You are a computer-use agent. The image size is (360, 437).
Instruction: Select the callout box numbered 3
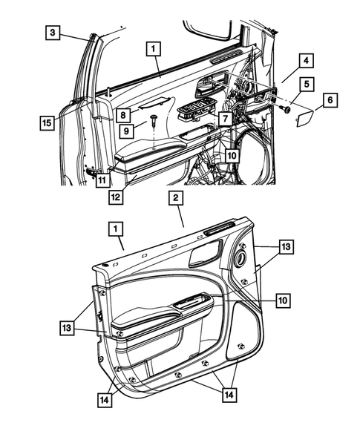[x=53, y=32]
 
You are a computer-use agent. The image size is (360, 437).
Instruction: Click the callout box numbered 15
[x=47, y=122]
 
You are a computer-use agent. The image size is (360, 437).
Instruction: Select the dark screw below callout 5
[x=285, y=109]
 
